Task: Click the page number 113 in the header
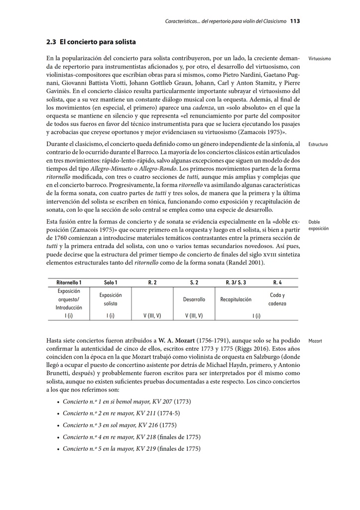point(294,21)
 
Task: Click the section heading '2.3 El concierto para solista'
point(91,42)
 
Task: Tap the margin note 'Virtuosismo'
point(320,59)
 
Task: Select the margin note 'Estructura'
point(318,144)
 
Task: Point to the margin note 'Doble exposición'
point(318,226)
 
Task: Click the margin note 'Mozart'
point(315,341)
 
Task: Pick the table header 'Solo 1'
point(111,282)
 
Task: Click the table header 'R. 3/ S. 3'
point(236,282)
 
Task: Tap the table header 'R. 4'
point(277,282)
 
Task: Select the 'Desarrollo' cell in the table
point(194,299)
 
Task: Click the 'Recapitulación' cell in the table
point(236,299)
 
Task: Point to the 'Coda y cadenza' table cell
point(277,299)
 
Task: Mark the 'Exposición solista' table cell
point(111,299)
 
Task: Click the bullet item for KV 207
point(127,401)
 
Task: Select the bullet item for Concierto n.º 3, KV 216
point(120,425)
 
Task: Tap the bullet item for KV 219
point(131,449)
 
